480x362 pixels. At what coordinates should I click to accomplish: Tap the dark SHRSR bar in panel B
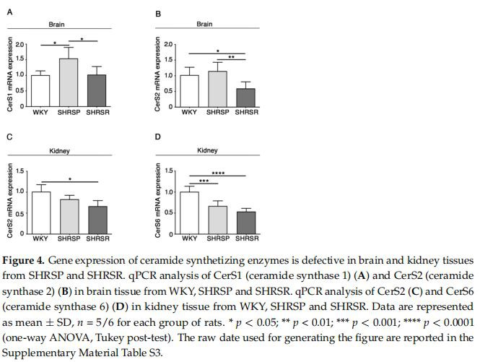pos(246,97)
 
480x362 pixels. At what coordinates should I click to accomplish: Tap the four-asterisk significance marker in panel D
pos(218,173)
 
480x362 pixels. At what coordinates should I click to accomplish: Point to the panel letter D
pos(159,137)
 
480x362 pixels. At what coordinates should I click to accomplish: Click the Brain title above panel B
pos(204,25)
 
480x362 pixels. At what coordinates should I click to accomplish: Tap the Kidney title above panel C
pos(58,151)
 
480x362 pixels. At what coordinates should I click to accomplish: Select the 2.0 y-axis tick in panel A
pos(19,45)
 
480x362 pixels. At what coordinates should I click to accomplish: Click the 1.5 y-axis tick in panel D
pos(169,171)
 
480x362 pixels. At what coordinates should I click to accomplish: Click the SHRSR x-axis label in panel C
pos(97,238)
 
